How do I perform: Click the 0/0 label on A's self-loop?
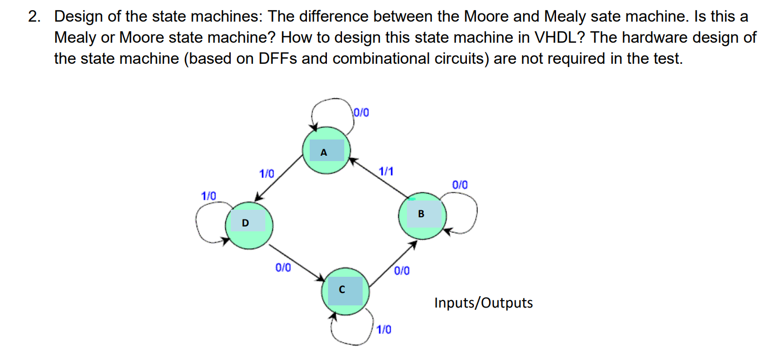pyautogui.click(x=361, y=113)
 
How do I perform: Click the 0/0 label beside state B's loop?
pyautogui.click(x=460, y=185)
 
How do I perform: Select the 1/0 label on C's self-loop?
pyautogui.click(x=384, y=329)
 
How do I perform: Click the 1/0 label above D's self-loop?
pyautogui.click(x=209, y=196)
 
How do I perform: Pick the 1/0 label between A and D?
pyautogui.click(x=267, y=174)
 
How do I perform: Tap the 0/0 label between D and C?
pyautogui.click(x=283, y=267)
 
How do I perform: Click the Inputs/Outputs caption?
pyautogui.click(x=483, y=303)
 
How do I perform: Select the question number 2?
pyautogui.click(x=34, y=17)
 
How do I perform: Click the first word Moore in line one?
pyautogui.click(x=484, y=17)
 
